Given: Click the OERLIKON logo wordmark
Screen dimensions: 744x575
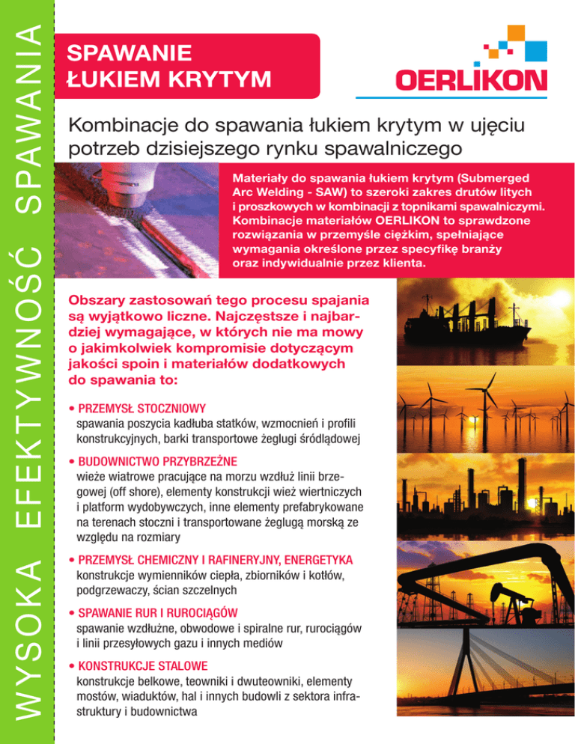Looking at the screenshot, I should click(472, 79).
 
